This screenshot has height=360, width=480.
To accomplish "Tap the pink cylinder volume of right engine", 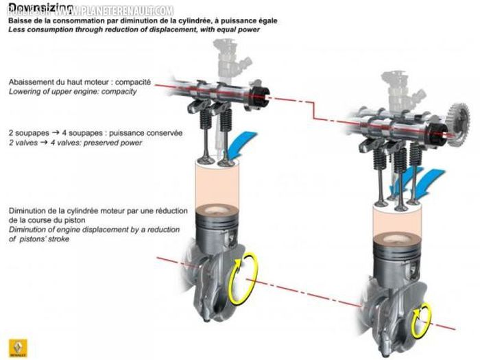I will tap(396, 217).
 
